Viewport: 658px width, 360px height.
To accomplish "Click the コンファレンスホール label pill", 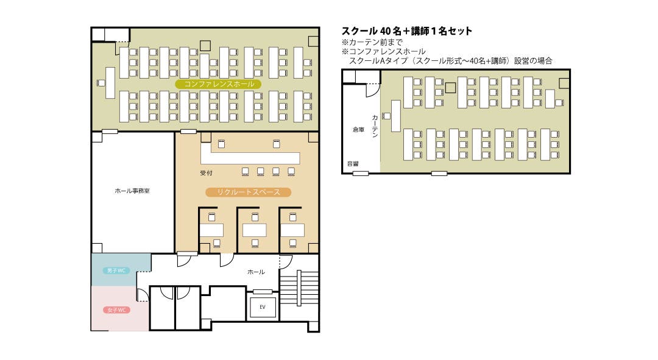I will [219, 84].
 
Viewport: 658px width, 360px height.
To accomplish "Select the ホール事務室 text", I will [132, 191].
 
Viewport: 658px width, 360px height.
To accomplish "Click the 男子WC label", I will [116, 270].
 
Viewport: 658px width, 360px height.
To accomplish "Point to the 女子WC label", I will [116, 310].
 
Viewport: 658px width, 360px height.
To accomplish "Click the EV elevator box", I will [263, 307].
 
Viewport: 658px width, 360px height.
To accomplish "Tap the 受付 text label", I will [206, 173].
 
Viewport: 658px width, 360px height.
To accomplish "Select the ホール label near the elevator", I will [256, 272].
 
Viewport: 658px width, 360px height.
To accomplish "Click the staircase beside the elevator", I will [299, 288].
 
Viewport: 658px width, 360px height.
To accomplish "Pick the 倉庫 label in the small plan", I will [358, 130].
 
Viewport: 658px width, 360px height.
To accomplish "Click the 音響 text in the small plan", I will [353, 164].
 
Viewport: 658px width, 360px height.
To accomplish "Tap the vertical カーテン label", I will [375, 125].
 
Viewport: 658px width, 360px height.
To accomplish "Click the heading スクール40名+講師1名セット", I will [407, 31].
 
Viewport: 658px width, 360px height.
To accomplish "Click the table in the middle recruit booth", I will [254, 230].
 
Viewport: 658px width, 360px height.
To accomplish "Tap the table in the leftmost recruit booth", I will [211, 230].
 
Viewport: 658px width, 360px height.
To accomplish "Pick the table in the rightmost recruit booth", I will [292, 230].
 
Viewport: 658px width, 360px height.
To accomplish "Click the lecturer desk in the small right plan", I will [396, 116].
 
